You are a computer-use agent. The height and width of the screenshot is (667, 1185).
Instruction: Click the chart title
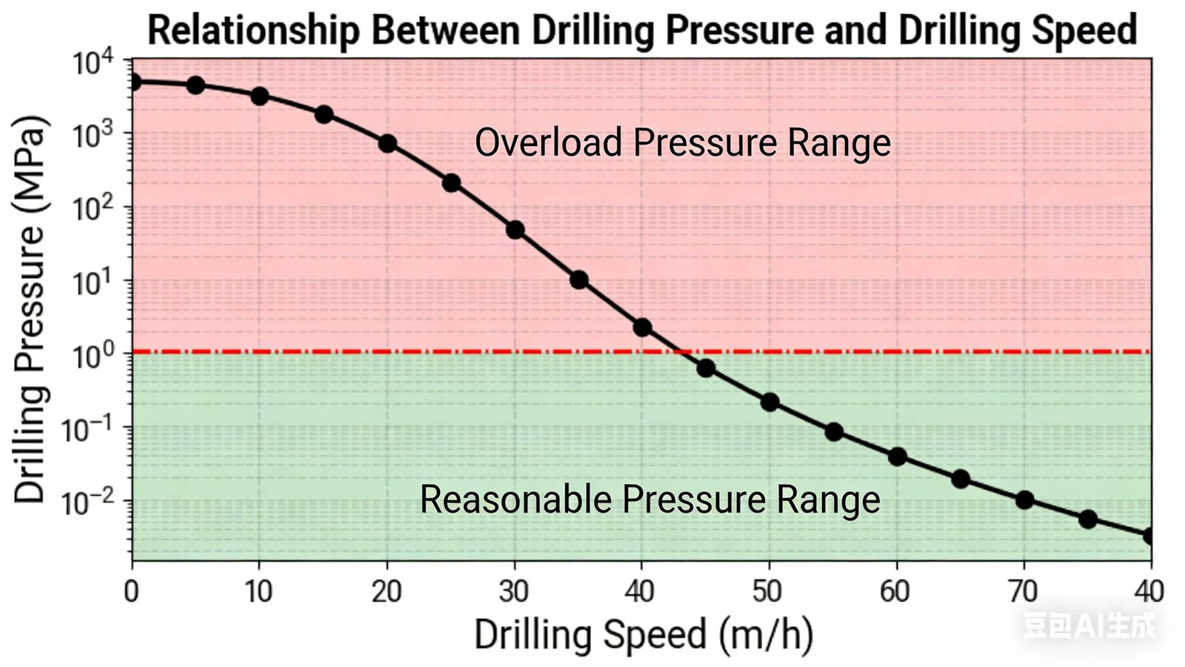641,30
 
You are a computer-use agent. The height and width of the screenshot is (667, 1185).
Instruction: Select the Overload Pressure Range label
682,142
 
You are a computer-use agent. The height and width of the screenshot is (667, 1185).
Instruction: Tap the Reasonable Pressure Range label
650,499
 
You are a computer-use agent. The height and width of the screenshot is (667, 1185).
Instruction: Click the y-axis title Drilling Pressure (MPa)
30,309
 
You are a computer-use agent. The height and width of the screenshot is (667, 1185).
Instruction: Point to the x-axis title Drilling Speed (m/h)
643,634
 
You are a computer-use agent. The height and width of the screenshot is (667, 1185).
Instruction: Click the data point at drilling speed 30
515,230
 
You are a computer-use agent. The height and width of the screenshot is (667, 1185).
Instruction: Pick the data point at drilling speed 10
259,96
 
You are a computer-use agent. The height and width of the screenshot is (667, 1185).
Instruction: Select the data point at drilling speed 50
770,402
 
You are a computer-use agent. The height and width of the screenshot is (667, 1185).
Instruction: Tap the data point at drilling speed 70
1024,500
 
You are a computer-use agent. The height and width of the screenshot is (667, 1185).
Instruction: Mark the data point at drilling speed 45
706,368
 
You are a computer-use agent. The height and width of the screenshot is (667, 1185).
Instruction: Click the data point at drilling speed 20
387,143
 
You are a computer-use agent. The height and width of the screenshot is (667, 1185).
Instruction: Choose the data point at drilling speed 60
897,457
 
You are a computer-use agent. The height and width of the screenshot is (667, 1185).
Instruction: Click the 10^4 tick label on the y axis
93,62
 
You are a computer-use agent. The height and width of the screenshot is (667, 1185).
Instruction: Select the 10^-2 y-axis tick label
87,502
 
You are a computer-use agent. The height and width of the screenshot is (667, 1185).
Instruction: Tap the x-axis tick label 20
386,591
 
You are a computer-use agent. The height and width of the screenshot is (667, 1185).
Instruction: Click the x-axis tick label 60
895,591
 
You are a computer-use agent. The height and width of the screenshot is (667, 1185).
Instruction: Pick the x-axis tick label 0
131,591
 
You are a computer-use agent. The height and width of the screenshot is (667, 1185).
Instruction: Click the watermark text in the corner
1088,625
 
